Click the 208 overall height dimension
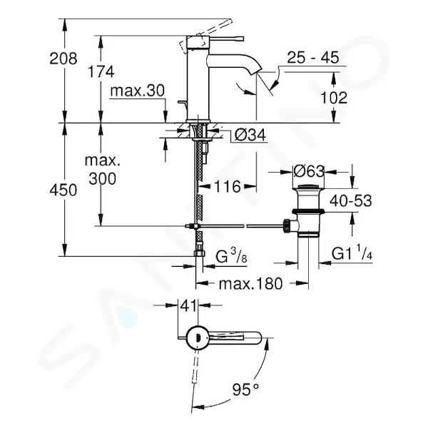click(63, 58)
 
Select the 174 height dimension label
click(101, 72)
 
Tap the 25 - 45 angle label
click(313, 57)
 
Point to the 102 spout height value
click(334, 98)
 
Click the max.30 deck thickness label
click(137, 91)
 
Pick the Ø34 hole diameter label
click(250, 135)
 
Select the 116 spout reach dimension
click(228, 187)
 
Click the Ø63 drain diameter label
click(309, 172)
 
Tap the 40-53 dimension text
click(351, 201)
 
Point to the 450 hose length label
click(63, 190)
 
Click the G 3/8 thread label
click(231, 256)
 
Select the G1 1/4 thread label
click(352, 254)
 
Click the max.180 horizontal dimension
click(250, 284)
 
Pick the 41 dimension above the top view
click(189, 306)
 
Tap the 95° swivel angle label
click(245, 389)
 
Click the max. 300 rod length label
click(102, 170)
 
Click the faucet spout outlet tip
click(258, 71)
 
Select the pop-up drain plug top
click(308, 187)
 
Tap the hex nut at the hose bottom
click(199, 254)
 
